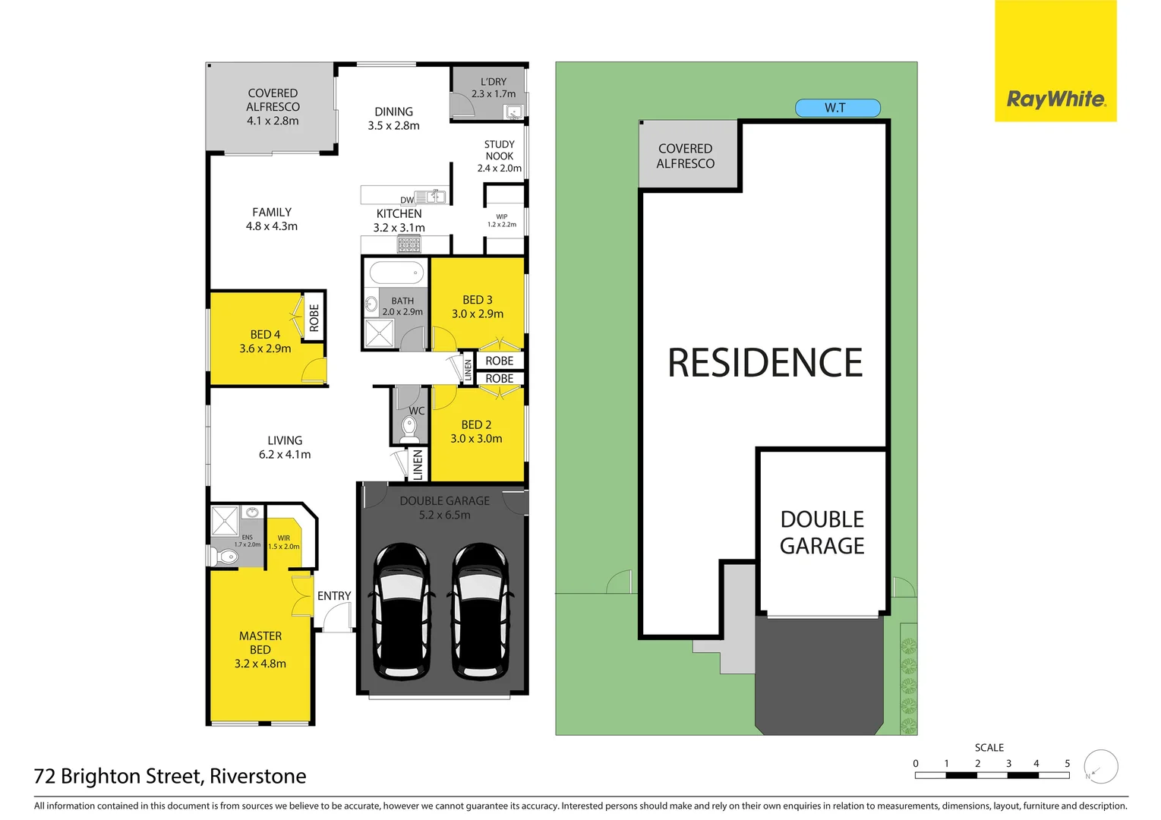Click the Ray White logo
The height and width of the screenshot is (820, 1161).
click(x=1055, y=99)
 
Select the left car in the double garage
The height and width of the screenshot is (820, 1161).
click(x=401, y=610)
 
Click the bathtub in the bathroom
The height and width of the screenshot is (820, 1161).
click(x=396, y=272)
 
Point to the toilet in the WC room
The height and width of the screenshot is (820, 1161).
click(x=410, y=430)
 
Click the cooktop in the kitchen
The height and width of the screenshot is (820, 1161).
click(x=409, y=244)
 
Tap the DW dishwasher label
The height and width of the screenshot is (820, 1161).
click(x=407, y=200)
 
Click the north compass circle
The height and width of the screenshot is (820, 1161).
click(x=1100, y=767)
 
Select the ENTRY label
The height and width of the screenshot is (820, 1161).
click(x=334, y=596)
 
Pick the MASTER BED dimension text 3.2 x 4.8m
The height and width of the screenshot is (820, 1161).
click(x=260, y=664)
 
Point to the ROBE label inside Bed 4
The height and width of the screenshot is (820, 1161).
click(x=314, y=318)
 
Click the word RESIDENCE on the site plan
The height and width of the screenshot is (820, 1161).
click(x=765, y=363)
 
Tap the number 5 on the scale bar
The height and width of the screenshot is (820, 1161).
click(x=1067, y=764)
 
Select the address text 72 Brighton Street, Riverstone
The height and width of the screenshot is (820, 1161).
click(x=170, y=776)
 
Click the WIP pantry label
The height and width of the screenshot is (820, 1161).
click(x=501, y=217)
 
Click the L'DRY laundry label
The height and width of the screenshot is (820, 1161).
click(x=494, y=82)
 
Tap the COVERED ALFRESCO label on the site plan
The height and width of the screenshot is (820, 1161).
click(x=686, y=156)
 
